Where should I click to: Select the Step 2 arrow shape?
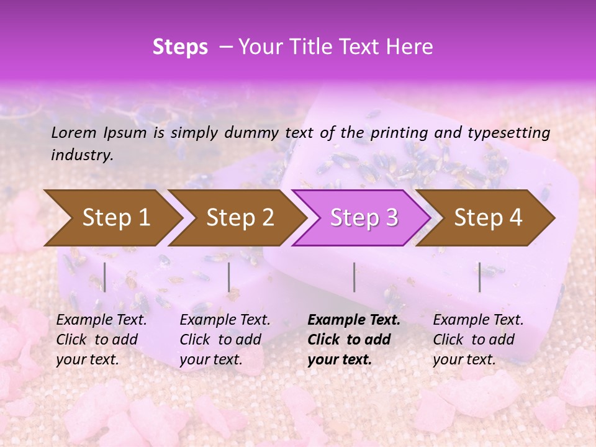(x=240, y=217)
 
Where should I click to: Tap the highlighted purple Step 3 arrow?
(x=364, y=217)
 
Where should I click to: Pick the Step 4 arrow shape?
(x=488, y=217)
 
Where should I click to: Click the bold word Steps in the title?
(x=180, y=47)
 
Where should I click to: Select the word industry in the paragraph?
(x=81, y=155)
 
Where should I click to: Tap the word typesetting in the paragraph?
(x=506, y=132)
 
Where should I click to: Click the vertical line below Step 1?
(x=105, y=277)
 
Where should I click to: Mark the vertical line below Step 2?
(x=229, y=277)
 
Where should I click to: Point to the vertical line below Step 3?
(x=354, y=277)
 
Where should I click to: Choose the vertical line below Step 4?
(x=479, y=277)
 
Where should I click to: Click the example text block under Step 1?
(x=101, y=340)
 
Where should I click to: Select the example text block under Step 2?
(x=225, y=340)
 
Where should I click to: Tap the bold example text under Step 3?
(x=354, y=340)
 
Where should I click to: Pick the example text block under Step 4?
(x=478, y=340)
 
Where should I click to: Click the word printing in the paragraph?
(x=397, y=132)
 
